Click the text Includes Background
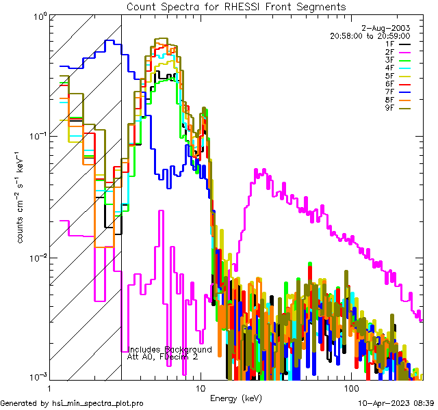coord(170,350)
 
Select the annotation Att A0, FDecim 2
coord(164,357)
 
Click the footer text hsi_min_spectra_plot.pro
coord(98,403)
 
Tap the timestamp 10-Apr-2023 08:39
coord(396,403)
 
